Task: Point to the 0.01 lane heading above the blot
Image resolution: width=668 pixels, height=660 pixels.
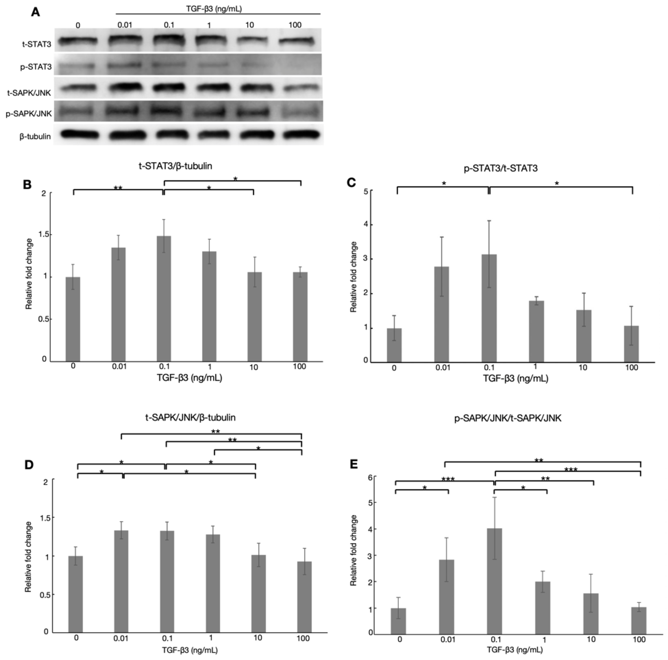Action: pos(125,25)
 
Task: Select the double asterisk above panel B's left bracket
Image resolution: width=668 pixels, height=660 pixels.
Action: pos(118,188)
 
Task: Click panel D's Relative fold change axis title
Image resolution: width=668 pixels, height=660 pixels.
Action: pos(28,556)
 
